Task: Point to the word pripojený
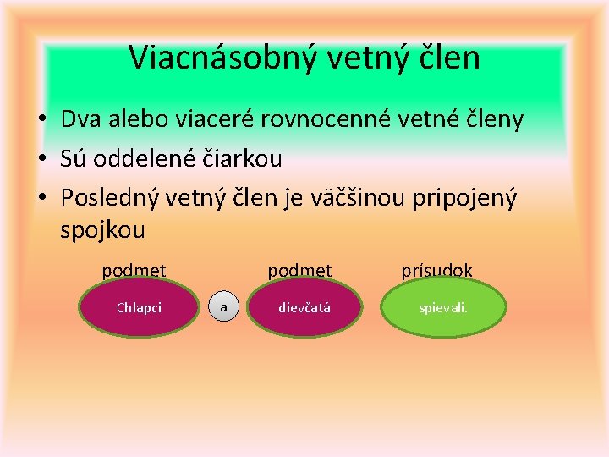point(464,196)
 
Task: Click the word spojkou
point(103,229)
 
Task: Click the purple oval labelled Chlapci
point(139,308)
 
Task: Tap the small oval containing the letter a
point(223,307)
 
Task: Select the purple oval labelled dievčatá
point(304,308)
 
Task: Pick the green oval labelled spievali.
point(443,308)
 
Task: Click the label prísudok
point(436,270)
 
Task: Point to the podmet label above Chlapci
point(134,270)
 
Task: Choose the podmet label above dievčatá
point(299,270)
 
